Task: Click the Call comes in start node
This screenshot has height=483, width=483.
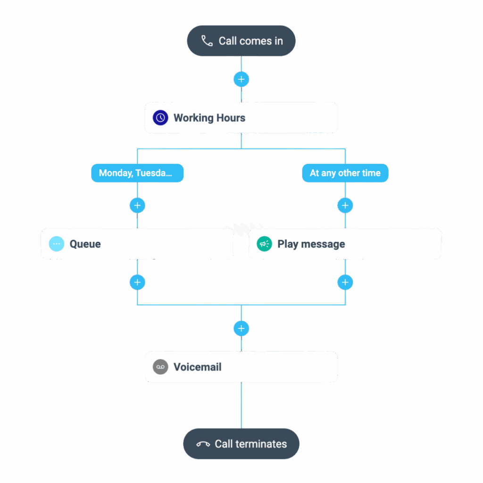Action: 241,41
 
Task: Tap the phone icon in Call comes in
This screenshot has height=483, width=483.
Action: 207,41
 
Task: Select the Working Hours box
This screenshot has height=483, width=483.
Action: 241,117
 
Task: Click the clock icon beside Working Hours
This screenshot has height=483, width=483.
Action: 160,117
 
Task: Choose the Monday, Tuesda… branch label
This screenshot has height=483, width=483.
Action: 137,173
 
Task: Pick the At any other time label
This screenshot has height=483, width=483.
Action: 345,173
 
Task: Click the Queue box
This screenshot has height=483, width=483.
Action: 137,244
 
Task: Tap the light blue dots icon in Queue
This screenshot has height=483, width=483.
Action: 57,244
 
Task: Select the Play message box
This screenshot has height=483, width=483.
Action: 345,244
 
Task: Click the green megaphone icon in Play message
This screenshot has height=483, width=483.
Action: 264,244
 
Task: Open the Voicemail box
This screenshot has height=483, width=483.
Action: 241,366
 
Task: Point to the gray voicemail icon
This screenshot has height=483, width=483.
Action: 160,367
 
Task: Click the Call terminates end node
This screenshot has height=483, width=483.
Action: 241,443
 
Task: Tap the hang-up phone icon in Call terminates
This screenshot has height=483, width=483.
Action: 203,444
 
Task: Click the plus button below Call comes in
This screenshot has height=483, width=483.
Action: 241,79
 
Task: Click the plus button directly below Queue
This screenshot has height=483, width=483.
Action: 137,283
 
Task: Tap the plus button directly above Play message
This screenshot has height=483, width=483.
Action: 345,205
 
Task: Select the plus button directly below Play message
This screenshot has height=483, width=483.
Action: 345,283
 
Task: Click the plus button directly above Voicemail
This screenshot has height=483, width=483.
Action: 241,328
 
